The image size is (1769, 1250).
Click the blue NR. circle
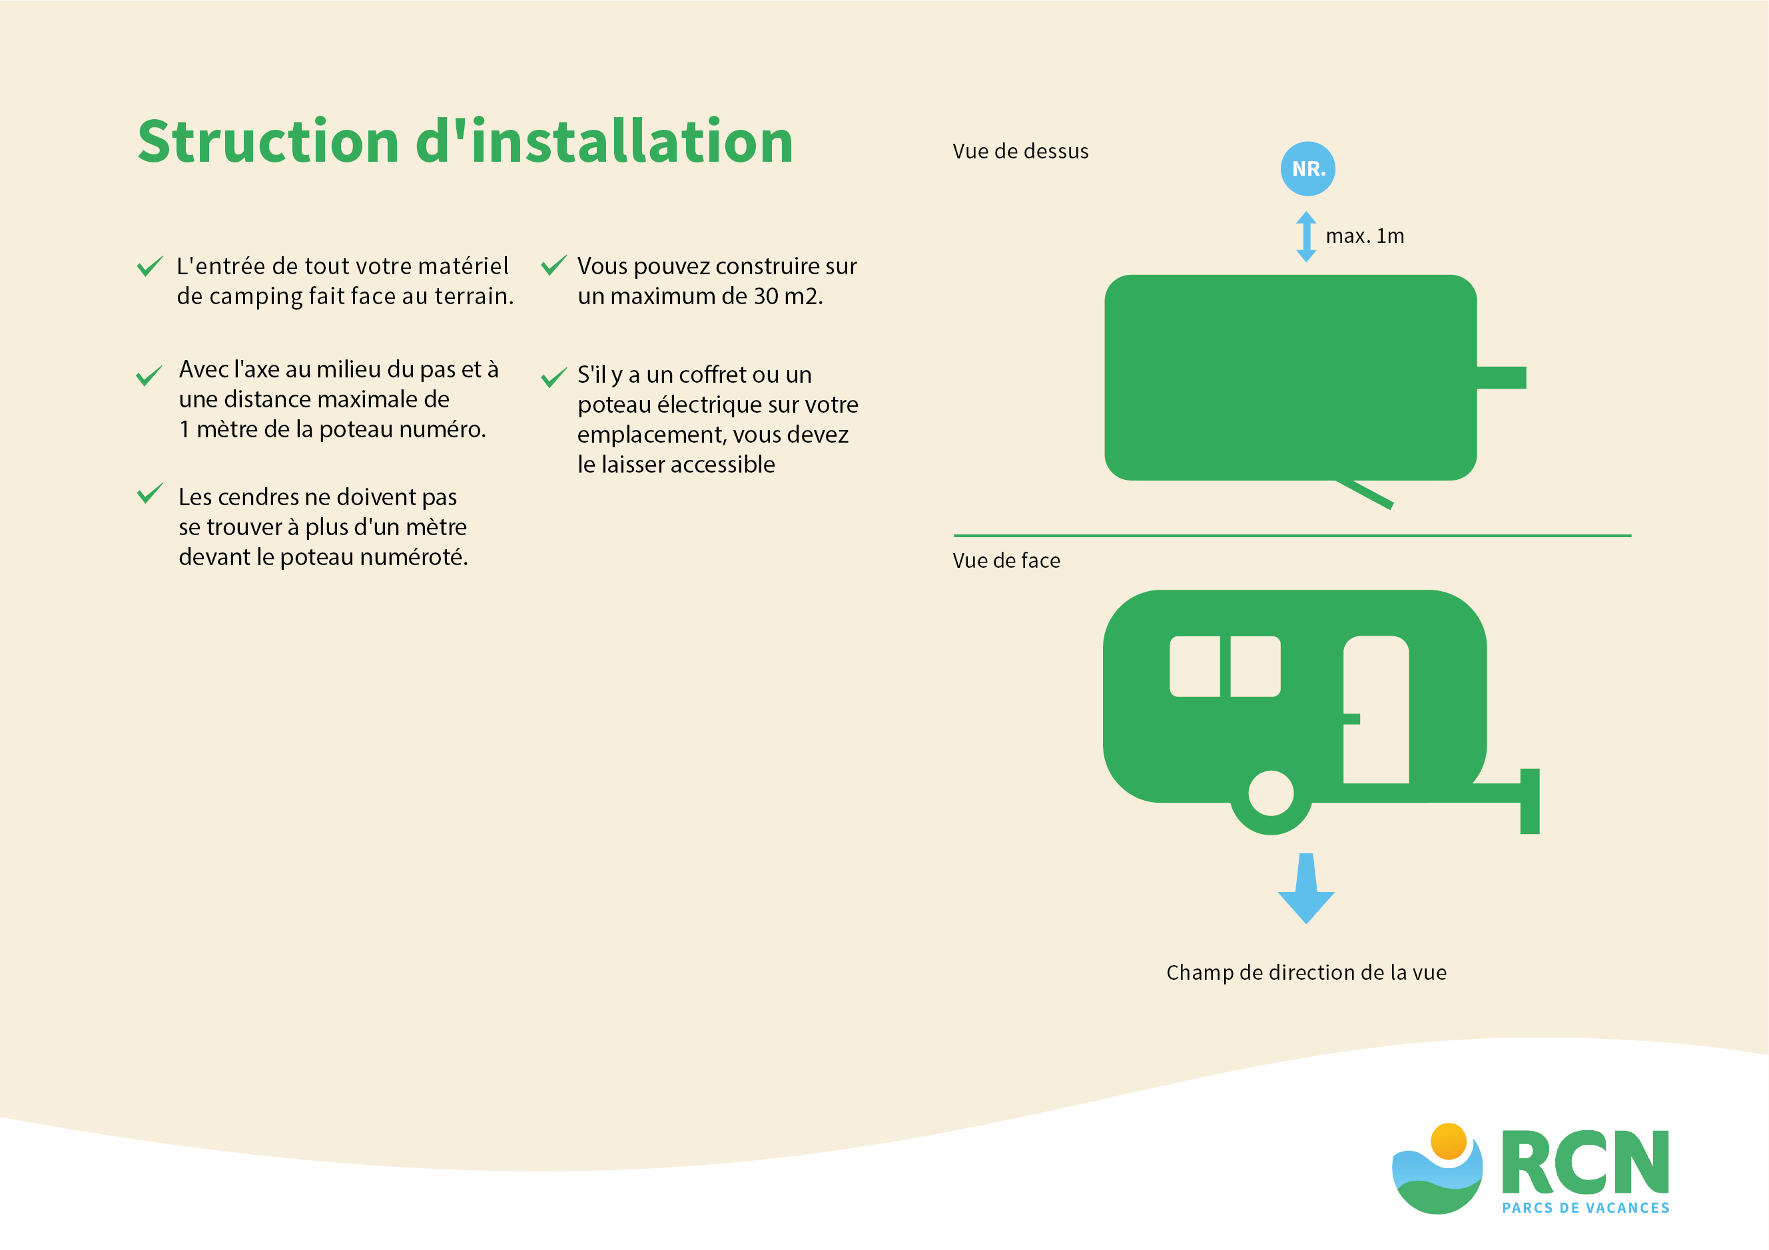1307,168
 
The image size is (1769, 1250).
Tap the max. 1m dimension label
1365,236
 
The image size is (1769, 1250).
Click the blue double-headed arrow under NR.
1306,236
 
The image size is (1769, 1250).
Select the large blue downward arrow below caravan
1306,888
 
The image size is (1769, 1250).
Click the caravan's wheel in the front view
1271,793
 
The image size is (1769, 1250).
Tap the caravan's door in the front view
1376,710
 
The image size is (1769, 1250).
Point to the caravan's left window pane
1194,666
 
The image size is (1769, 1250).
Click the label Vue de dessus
1020,151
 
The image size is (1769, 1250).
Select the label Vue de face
1006,560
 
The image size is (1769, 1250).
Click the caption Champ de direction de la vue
1306,972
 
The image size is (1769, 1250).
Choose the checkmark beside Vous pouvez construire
554,265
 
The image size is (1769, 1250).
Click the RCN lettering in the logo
1585,1162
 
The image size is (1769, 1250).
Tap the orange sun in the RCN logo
1449,1141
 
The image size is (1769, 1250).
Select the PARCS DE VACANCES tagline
1586,1207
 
